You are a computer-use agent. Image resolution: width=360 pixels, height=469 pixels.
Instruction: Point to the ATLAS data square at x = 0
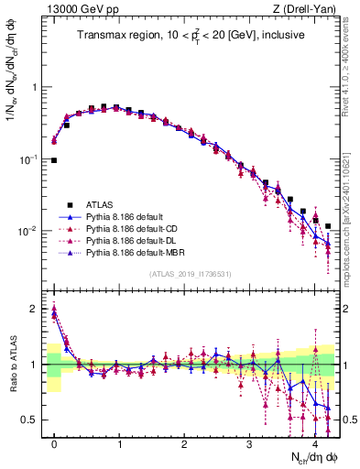tap(54, 160)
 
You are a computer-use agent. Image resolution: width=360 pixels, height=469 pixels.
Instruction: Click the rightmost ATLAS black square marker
tap(328, 225)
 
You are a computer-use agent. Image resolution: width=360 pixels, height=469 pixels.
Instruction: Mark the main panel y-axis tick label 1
tap(38, 88)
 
